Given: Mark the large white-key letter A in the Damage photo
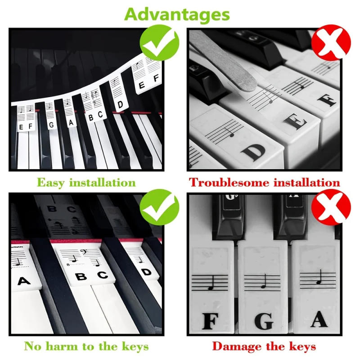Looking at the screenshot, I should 319,319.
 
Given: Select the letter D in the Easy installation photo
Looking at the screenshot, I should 120,105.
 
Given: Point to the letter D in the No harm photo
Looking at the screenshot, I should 146,272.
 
